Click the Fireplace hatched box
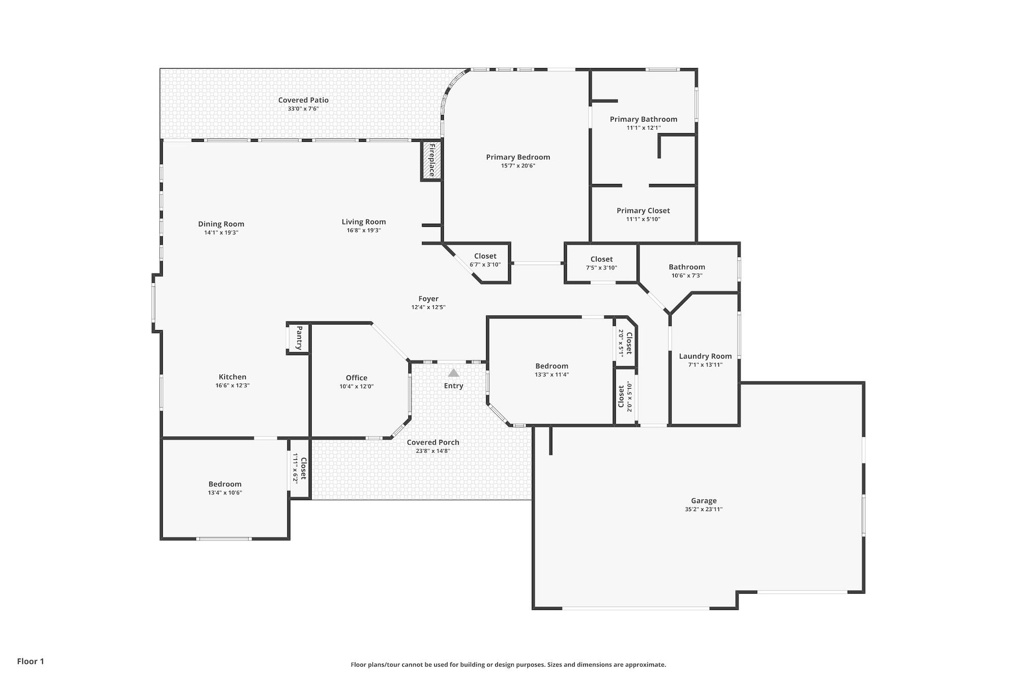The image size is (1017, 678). [431, 160]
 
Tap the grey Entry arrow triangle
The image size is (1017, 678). [454, 373]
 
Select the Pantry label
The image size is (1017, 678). [299, 338]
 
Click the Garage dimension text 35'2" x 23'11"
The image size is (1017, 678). [703, 509]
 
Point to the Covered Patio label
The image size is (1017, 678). [303, 100]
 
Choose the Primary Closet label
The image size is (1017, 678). [643, 211]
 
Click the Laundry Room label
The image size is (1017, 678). [705, 356]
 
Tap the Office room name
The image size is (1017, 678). [356, 377]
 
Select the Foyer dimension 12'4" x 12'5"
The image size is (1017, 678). [428, 307]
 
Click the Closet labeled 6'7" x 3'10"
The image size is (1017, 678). [485, 256]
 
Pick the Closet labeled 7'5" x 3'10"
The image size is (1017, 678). [602, 259]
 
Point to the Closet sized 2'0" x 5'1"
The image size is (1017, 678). [629, 343]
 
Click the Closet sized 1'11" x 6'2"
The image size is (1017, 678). [303, 468]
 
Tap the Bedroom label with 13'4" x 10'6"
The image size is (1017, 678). [225, 484]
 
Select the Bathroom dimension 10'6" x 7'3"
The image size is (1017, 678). [686, 276]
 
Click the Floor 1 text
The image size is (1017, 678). [31, 661]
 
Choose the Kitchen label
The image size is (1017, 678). [232, 377]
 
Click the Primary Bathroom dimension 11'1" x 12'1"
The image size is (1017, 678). [643, 128]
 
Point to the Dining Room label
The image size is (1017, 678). [221, 224]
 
